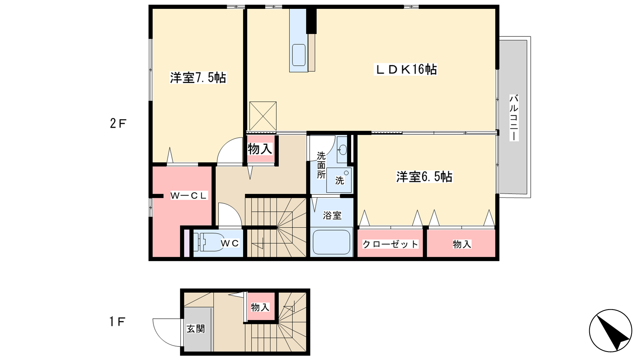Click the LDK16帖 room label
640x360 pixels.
[x=406, y=70]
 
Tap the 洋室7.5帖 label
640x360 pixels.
[x=198, y=78]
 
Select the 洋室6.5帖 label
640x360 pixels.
[x=424, y=177]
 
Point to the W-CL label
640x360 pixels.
[x=188, y=196]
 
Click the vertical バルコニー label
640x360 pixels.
[x=514, y=118]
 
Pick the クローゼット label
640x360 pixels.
[x=390, y=244]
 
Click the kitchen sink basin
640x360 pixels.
[x=299, y=55]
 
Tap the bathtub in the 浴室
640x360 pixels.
[x=332, y=242]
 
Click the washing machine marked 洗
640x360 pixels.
[x=339, y=180]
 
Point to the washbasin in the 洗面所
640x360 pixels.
[x=342, y=150]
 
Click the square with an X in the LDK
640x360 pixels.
[x=263, y=116]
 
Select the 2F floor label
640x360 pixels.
[x=118, y=124]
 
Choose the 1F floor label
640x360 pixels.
[x=118, y=322]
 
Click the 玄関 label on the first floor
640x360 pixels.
[x=196, y=328]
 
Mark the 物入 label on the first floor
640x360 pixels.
[x=260, y=308]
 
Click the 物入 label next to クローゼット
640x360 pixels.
[x=462, y=244]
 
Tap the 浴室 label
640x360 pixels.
[x=332, y=216]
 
